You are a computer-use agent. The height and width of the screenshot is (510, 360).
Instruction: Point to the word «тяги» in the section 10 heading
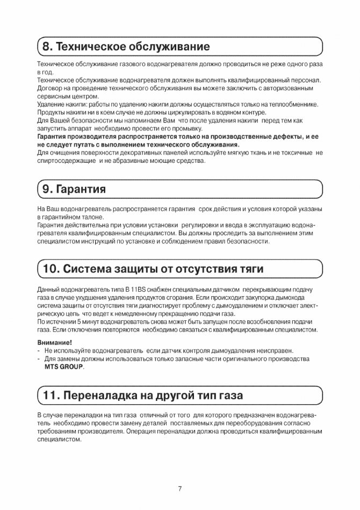pyautogui.click(x=247, y=268)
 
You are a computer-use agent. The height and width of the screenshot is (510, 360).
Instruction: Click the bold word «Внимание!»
pyautogui.click(x=55, y=342)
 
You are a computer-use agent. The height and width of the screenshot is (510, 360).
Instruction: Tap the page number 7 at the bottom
pyautogui.click(x=180, y=489)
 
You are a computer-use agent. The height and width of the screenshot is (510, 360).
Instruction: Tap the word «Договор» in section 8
pyautogui.click(x=50, y=88)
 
